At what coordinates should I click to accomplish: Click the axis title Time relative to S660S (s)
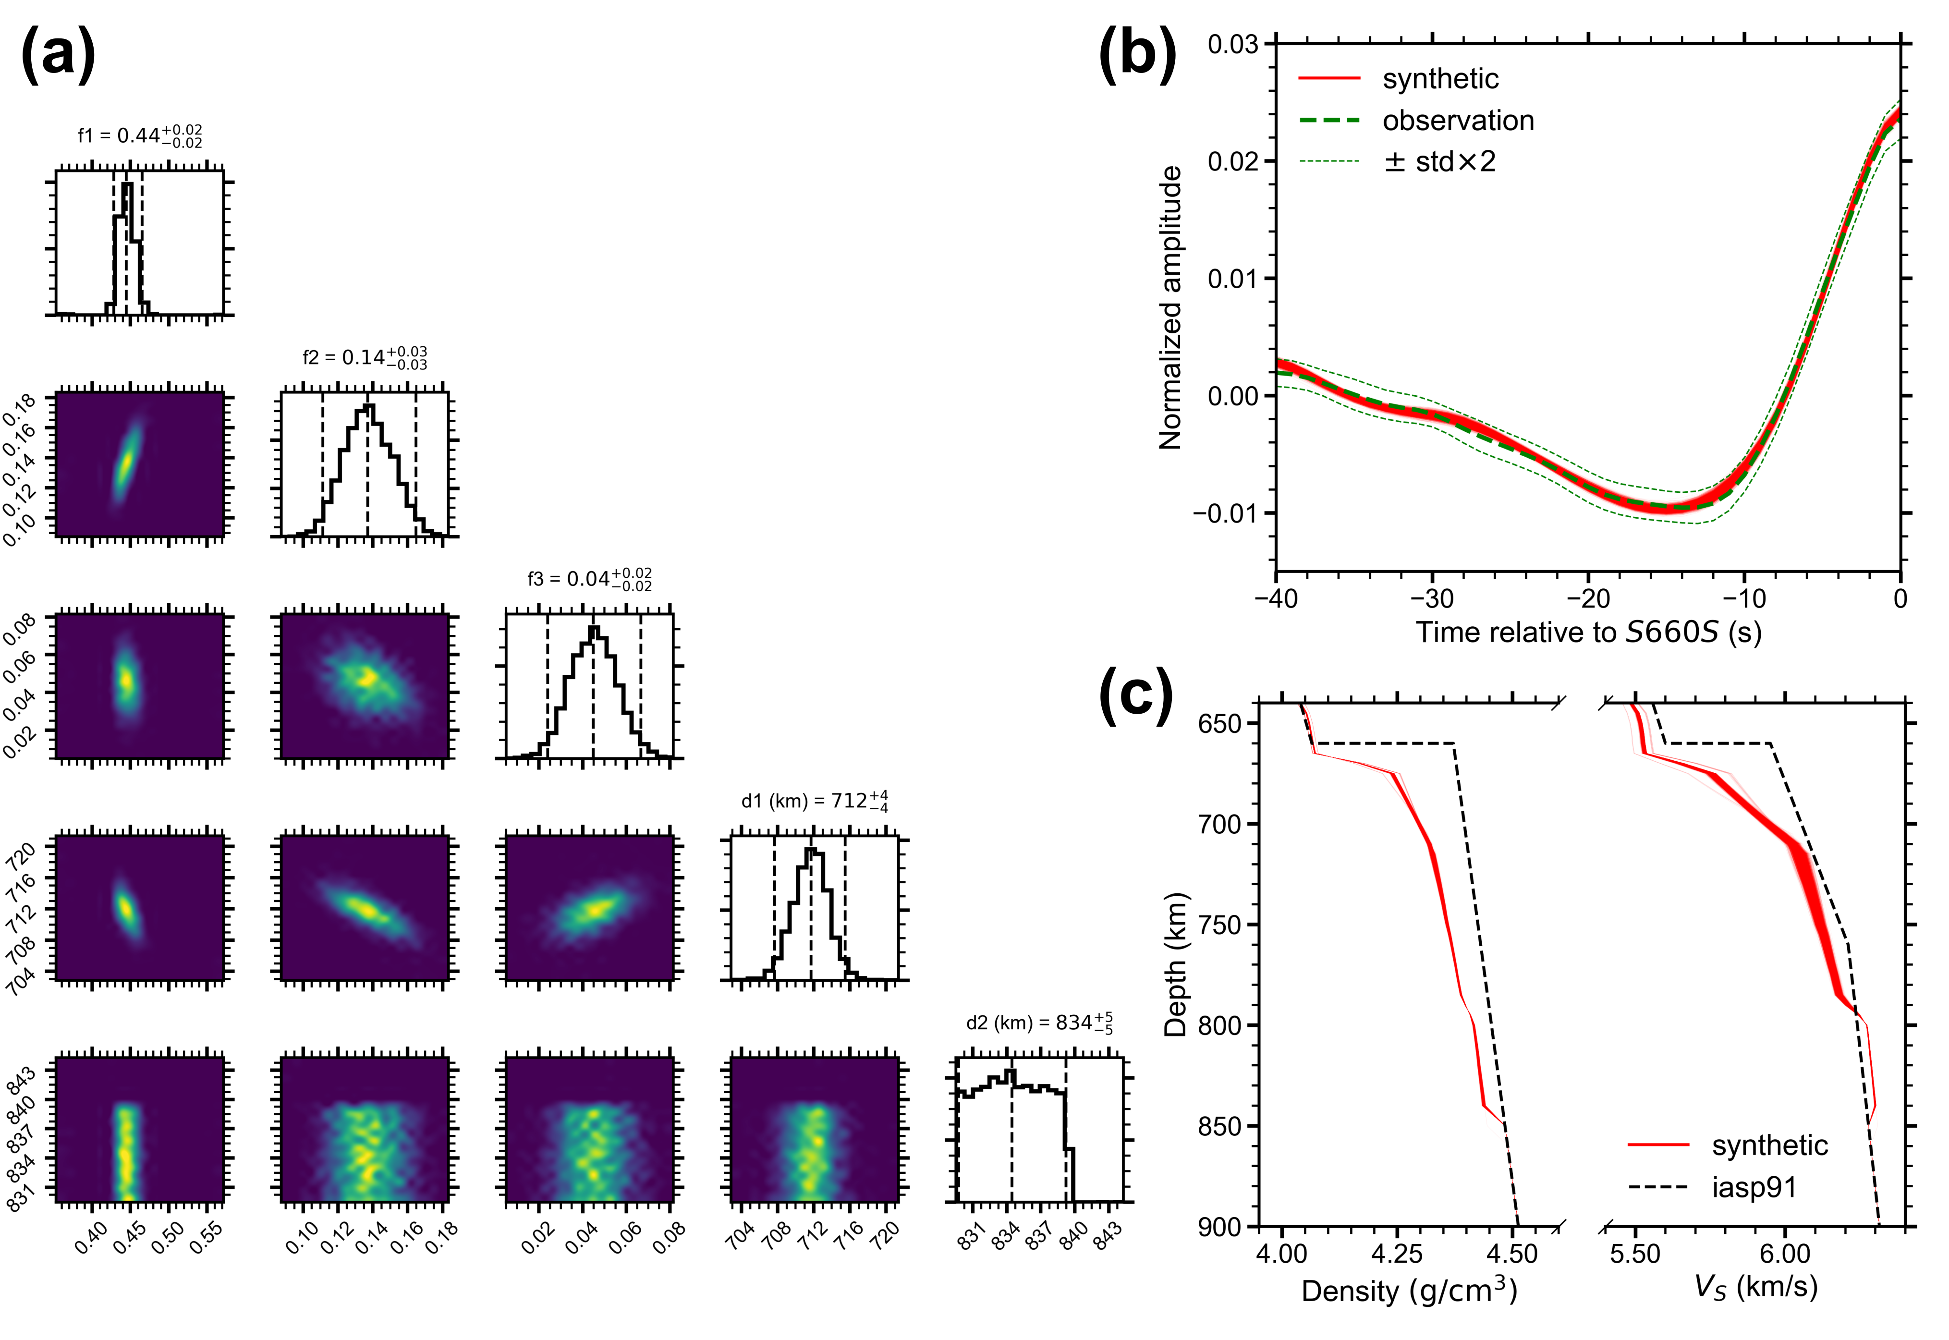pyautogui.click(x=1588, y=632)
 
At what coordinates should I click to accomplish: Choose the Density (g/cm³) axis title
pyautogui.click(x=1409, y=1291)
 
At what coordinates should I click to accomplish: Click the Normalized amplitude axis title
pyautogui.click(x=1170, y=308)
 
